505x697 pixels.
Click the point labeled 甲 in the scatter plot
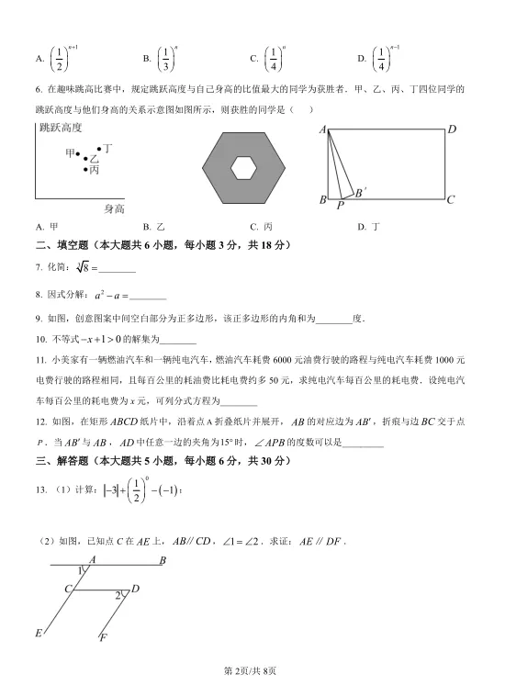click(x=78, y=154)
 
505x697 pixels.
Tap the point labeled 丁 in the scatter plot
click(x=98, y=149)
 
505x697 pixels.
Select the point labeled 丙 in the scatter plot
click(x=86, y=169)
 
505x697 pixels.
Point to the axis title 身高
click(x=114, y=208)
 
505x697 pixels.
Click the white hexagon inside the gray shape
click(x=243, y=167)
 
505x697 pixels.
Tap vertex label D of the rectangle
click(x=452, y=129)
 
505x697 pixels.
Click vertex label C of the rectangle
click(x=451, y=199)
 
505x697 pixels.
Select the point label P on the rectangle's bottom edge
click(x=340, y=206)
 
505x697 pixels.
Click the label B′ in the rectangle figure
click(x=360, y=191)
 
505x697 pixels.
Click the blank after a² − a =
click(x=148, y=296)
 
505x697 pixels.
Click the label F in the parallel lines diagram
click(x=103, y=637)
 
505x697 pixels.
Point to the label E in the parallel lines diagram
click(x=39, y=633)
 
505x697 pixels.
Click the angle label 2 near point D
click(x=118, y=596)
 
